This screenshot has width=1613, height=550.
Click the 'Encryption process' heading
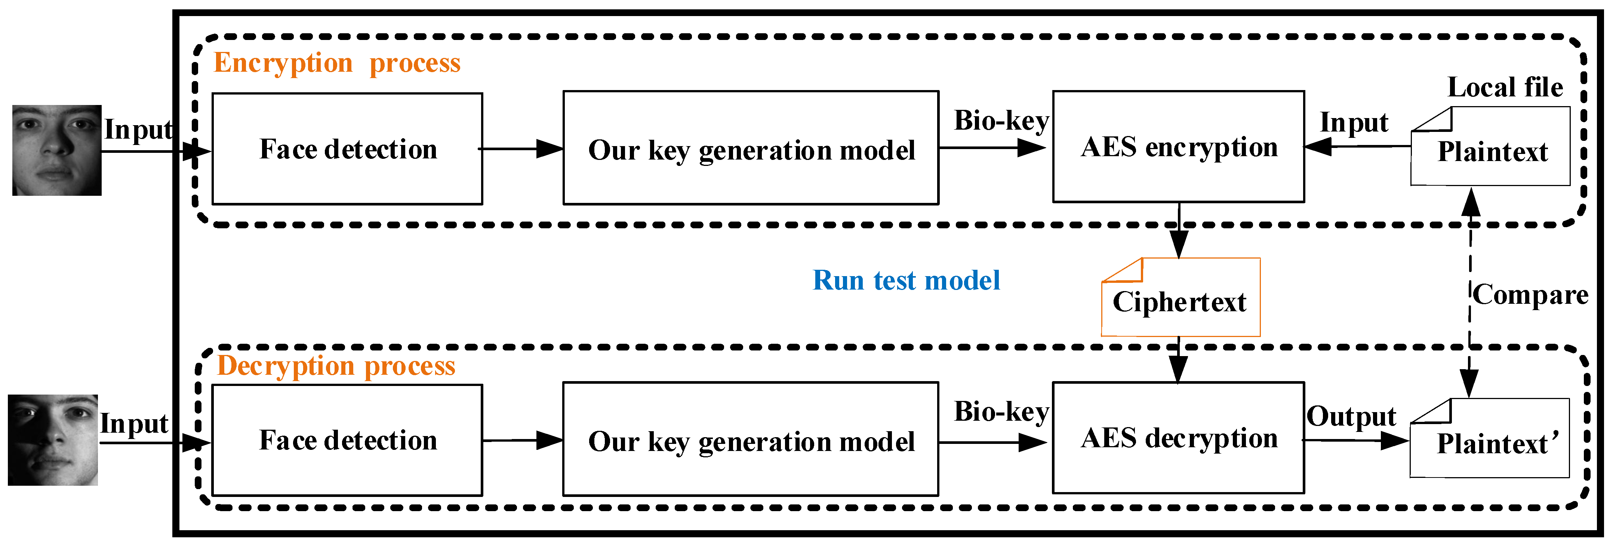pyautogui.click(x=337, y=63)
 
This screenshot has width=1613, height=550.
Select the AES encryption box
pyautogui.click(x=1178, y=147)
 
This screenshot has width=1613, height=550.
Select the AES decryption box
pyautogui.click(x=1178, y=438)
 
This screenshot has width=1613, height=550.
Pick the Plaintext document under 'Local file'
pyautogui.click(x=1490, y=148)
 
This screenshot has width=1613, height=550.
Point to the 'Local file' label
pyautogui.click(x=1505, y=87)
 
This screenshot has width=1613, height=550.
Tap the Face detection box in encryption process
pyautogui.click(x=348, y=149)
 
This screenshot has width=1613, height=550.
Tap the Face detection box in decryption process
pyautogui.click(x=348, y=440)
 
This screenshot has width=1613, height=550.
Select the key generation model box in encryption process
pyautogui.click(x=750, y=149)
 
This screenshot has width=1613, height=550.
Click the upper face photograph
pyautogui.click(x=57, y=150)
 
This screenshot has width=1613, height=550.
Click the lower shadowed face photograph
pyautogui.click(x=53, y=440)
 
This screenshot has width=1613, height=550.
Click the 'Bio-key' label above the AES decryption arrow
pyautogui.click(x=1001, y=412)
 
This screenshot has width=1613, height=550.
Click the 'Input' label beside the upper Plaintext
pyautogui.click(x=1354, y=123)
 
